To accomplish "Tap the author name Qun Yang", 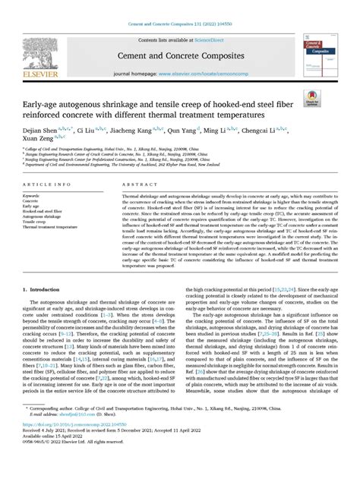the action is coord(194,130).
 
